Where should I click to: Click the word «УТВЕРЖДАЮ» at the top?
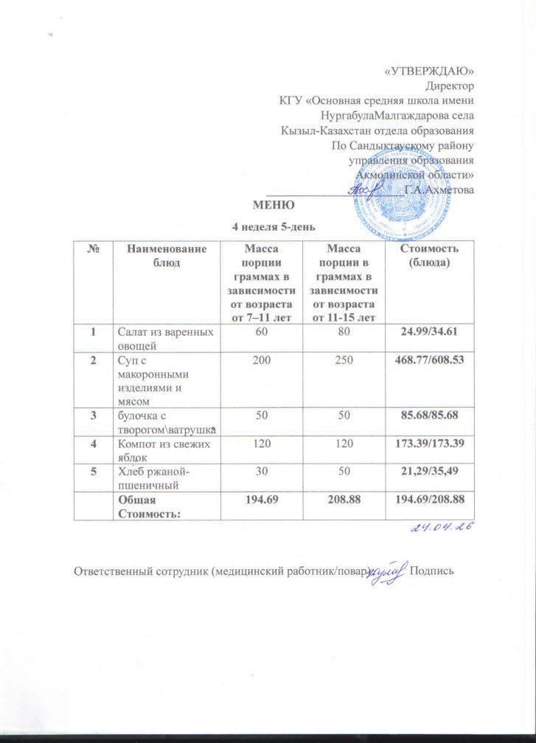click(x=429, y=71)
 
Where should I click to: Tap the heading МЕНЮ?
click(x=274, y=204)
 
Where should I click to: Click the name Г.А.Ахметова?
click(x=439, y=189)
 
